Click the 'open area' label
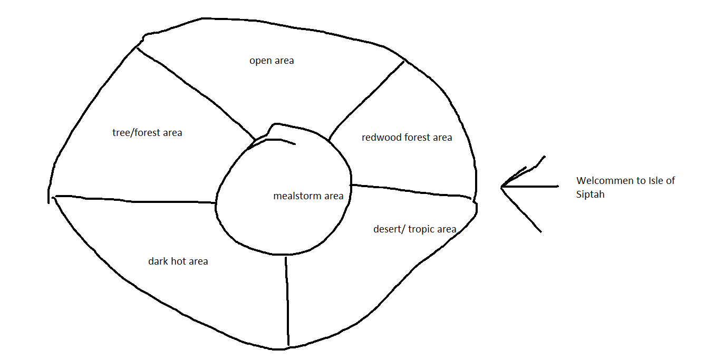(272, 61)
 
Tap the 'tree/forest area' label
(147, 133)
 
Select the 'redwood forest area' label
(407, 138)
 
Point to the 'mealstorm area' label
(308, 196)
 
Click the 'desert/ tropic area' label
(414, 229)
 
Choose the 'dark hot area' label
(178, 261)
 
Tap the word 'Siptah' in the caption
(590, 194)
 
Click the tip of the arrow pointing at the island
(502, 187)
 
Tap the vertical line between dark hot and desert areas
(287, 300)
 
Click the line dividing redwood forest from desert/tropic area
(411, 190)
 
